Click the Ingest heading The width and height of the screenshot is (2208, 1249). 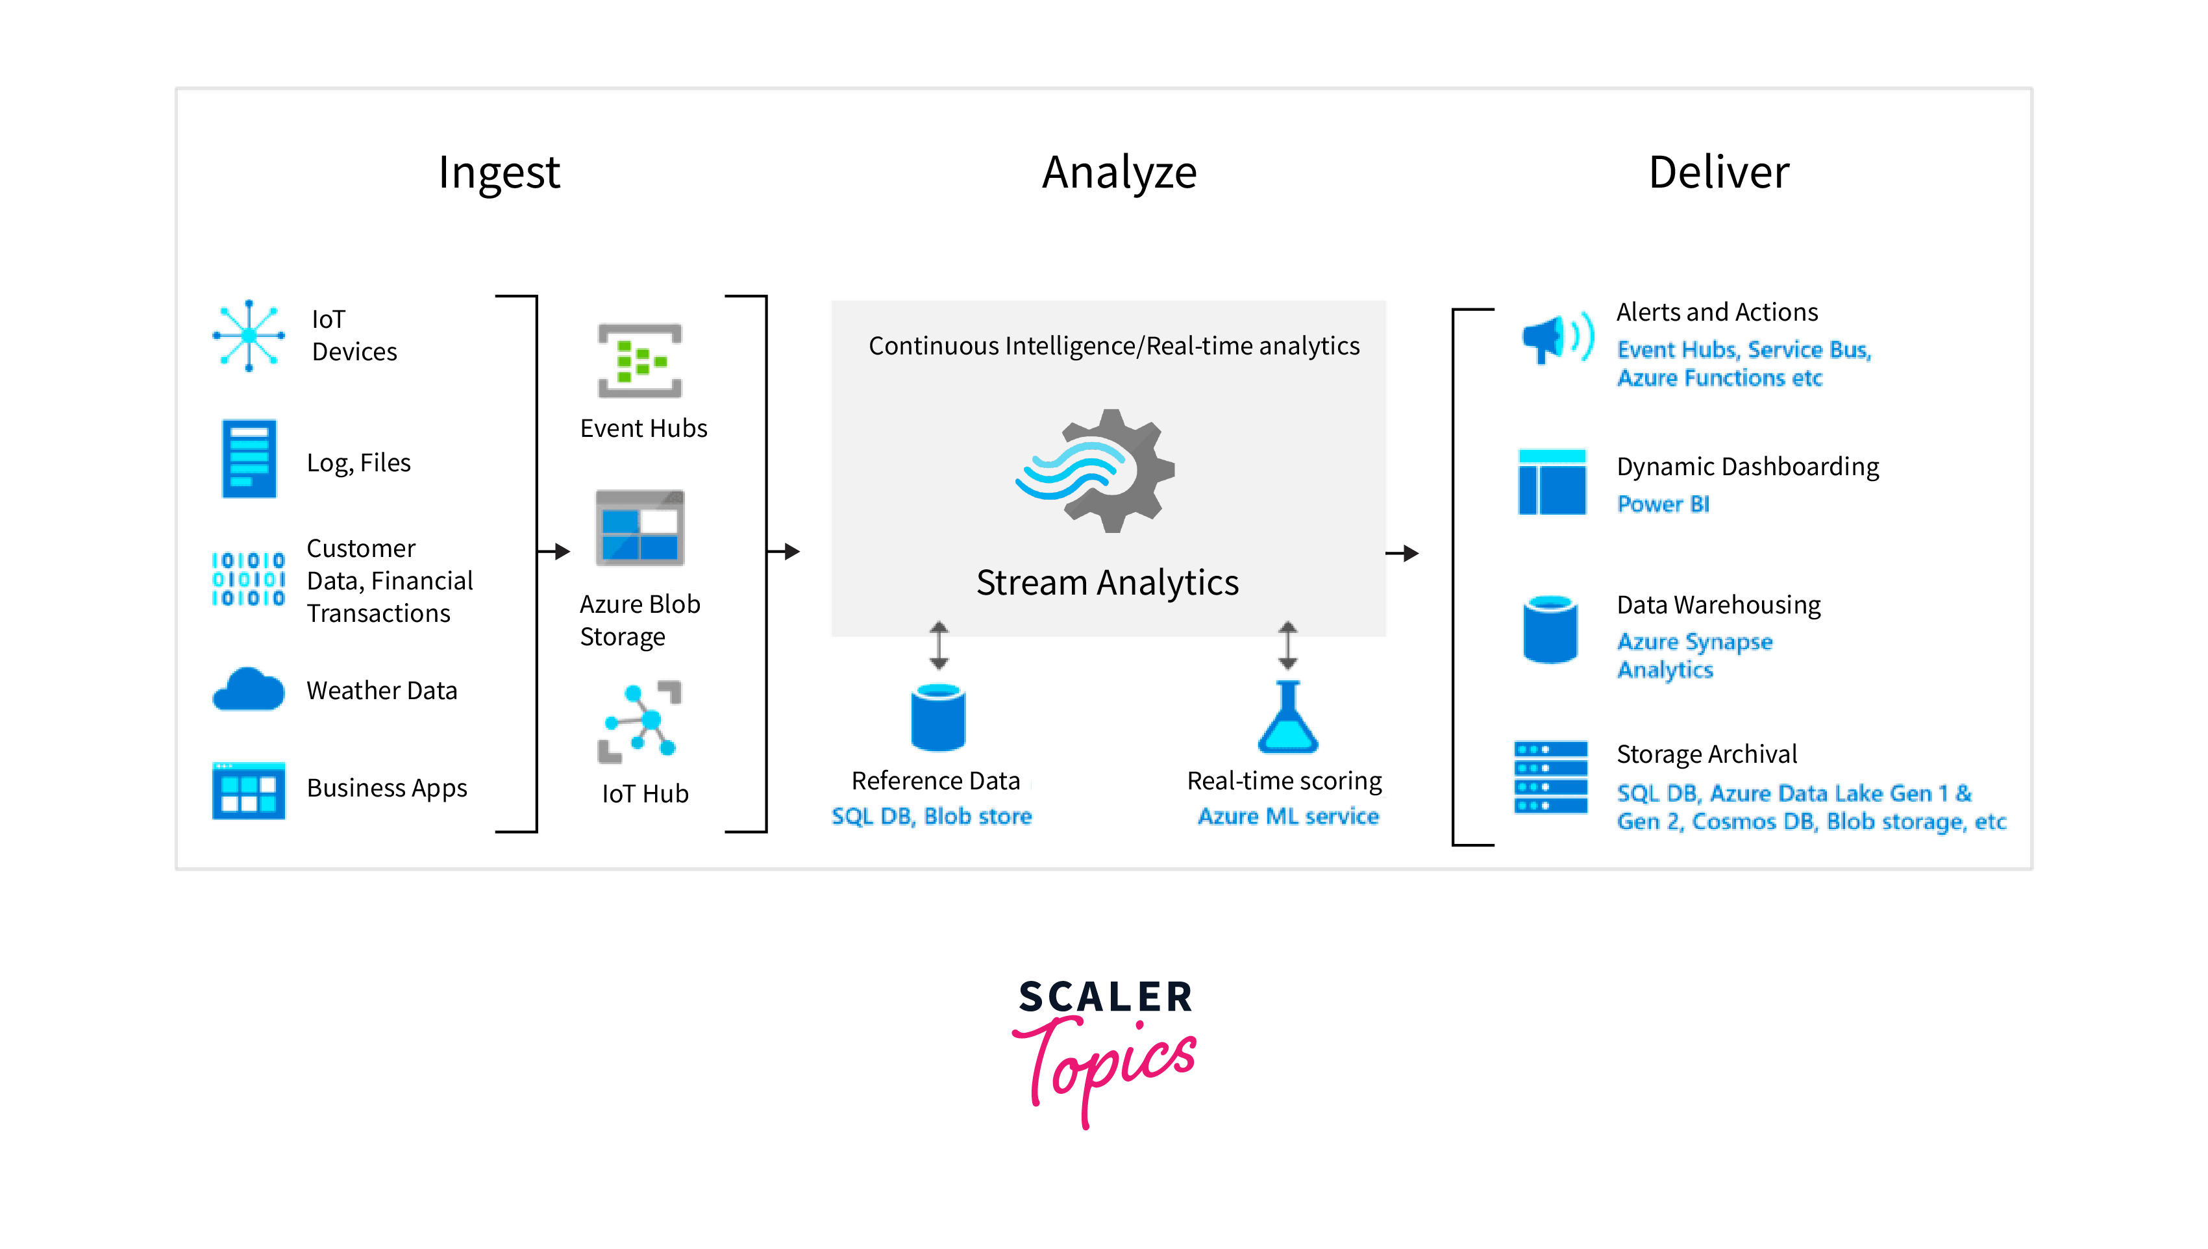[x=499, y=173]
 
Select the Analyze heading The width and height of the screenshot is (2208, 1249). [x=1119, y=173]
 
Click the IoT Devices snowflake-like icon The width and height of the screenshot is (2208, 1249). [x=249, y=336]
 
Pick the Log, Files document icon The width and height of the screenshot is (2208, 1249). [x=249, y=459]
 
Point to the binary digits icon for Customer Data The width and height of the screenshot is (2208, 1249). [x=249, y=579]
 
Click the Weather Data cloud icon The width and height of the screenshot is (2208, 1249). [x=249, y=688]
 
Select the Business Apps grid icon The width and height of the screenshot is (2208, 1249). [x=249, y=790]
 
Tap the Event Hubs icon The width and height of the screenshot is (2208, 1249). [x=640, y=360]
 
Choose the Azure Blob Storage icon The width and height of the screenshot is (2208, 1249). [x=640, y=528]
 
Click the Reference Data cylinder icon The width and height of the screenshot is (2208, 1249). [x=938, y=717]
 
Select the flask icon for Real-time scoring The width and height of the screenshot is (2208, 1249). [x=1287, y=717]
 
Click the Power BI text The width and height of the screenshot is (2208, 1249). [x=1663, y=504]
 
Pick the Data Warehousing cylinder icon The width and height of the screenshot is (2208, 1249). [x=1550, y=629]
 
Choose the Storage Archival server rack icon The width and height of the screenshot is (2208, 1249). [x=1551, y=777]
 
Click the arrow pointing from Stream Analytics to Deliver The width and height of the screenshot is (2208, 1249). [x=1402, y=553]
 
